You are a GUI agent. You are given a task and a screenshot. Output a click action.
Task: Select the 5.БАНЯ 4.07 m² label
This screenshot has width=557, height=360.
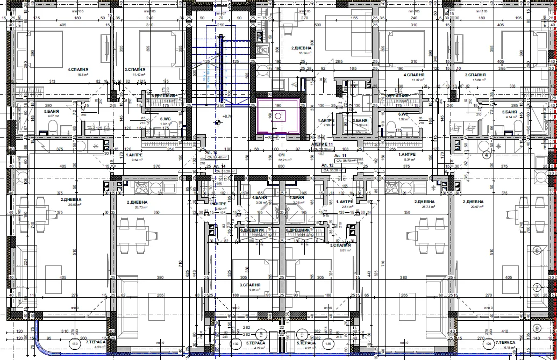click(52, 113)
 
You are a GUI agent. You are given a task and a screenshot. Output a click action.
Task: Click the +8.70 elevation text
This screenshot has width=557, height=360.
click(227, 116)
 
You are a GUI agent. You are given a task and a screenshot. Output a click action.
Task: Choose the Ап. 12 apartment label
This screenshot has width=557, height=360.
click(328, 165)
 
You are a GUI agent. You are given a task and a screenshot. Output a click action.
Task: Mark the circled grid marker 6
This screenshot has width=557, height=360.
click(536, 250)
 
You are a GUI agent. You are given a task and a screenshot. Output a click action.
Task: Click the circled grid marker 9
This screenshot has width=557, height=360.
click(536, 328)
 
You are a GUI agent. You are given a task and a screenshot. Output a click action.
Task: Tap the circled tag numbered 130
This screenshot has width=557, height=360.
click(75, 343)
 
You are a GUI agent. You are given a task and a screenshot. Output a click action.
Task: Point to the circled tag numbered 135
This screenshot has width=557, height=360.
click(328, 343)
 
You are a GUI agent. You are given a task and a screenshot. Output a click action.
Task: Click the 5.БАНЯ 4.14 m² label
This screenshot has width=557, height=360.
click(510, 113)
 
